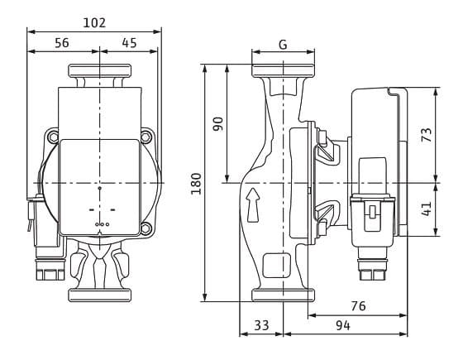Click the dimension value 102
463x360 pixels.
click(x=95, y=22)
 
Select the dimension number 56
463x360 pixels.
click(x=61, y=43)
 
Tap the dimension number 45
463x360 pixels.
click(x=129, y=43)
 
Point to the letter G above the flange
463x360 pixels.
click(x=283, y=45)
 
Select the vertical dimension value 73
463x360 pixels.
click(x=427, y=135)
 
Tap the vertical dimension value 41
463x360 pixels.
click(x=427, y=209)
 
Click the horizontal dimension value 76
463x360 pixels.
click(x=357, y=306)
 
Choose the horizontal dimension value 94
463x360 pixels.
click(x=343, y=325)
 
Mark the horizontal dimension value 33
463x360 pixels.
click(x=261, y=325)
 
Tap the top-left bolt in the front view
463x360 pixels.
click(x=54, y=136)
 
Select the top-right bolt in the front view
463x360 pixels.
click(x=146, y=136)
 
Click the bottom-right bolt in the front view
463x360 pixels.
click(x=146, y=228)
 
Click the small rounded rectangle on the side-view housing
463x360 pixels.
click(x=271, y=266)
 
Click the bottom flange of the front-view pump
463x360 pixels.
click(x=100, y=295)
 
